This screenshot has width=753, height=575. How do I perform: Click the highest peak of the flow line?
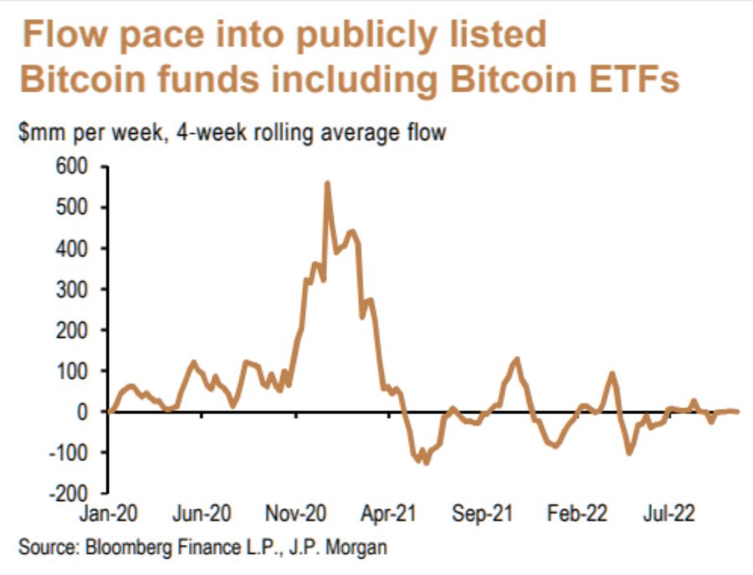pyautogui.click(x=326, y=183)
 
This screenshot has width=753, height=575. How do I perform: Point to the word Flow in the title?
pyautogui.click(x=66, y=34)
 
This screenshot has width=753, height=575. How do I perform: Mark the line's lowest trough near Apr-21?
pyautogui.click(x=425, y=461)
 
